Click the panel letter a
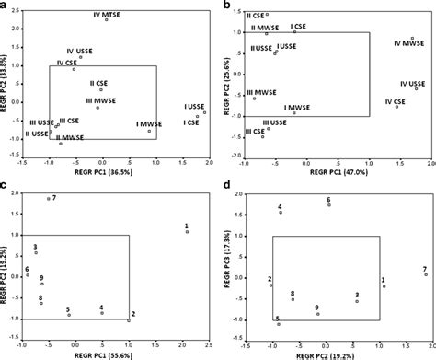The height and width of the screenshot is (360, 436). [x=6, y=6]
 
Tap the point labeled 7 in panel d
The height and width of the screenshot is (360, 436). [x=425, y=274]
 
